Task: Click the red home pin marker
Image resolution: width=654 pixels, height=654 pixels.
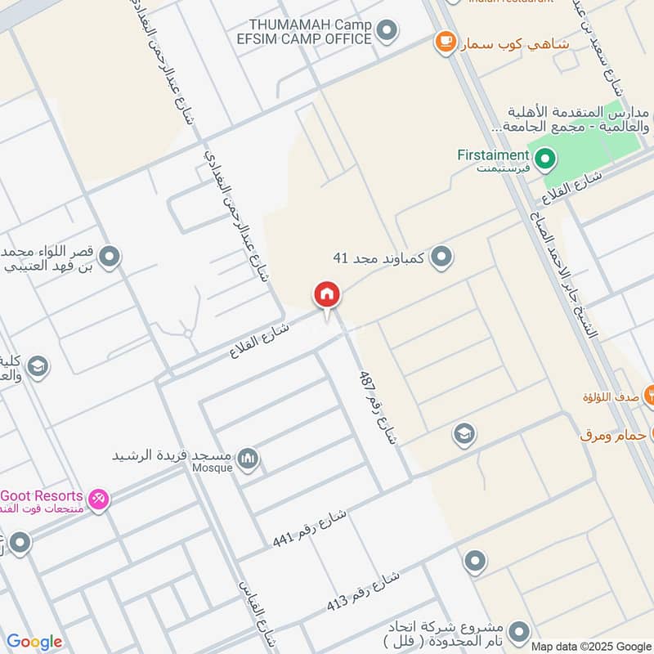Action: coord(327,295)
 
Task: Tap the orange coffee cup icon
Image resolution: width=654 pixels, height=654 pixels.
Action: coord(445,41)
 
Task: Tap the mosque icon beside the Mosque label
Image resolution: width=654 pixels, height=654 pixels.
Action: coord(248,459)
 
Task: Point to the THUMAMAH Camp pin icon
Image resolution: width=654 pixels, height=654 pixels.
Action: coord(388,32)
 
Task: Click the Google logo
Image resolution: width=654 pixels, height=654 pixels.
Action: coord(34,642)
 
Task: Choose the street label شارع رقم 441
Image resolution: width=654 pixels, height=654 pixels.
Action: coord(310,528)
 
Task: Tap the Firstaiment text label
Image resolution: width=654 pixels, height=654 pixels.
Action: coord(493,155)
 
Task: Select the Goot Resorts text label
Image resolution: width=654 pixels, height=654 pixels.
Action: coord(43,495)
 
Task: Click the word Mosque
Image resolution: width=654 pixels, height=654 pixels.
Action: coord(213,468)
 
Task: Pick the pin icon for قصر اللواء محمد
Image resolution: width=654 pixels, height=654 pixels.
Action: coord(109,258)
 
